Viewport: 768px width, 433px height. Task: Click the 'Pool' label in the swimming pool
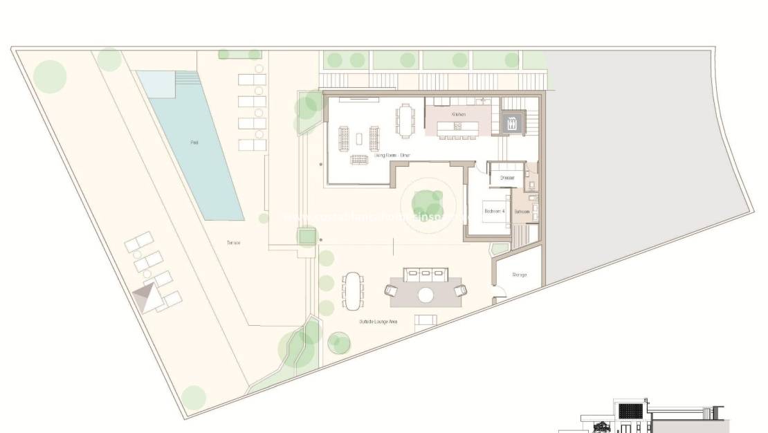click(194, 142)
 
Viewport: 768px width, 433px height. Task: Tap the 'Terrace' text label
click(233, 243)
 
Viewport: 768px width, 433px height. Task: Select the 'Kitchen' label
click(459, 114)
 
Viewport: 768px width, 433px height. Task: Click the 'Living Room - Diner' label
click(392, 156)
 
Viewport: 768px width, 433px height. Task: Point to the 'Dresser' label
click(508, 178)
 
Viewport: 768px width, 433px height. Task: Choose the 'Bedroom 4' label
click(495, 210)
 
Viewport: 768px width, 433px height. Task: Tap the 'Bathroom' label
click(522, 211)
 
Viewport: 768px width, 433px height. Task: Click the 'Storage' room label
click(520, 275)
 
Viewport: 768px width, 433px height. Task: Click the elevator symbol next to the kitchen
click(513, 124)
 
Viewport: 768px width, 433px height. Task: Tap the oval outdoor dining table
click(354, 292)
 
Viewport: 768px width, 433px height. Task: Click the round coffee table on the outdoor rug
click(426, 295)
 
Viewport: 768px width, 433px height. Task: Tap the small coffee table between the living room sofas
click(358, 138)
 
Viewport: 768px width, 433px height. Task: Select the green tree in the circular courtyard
click(428, 203)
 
